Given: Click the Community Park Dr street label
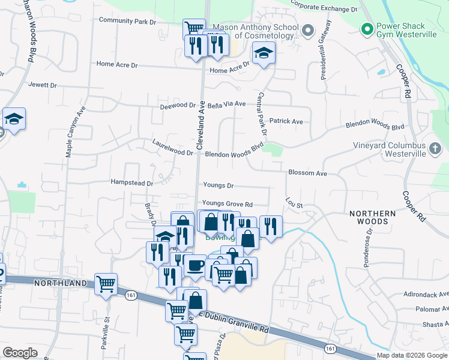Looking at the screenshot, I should click(x=127, y=21).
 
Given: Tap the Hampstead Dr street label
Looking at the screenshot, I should click(x=132, y=182).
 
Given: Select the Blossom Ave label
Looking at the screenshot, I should click(x=307, y=173).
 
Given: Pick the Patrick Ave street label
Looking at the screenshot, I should click(x=286, y=121).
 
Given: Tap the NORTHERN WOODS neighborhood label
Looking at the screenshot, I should click(x=373, y=218).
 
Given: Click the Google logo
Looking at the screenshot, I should click(x=20, y=353).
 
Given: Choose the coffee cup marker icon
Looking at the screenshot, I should click(x=194, y=265).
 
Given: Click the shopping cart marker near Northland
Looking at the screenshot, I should click(x=106, y=284).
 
